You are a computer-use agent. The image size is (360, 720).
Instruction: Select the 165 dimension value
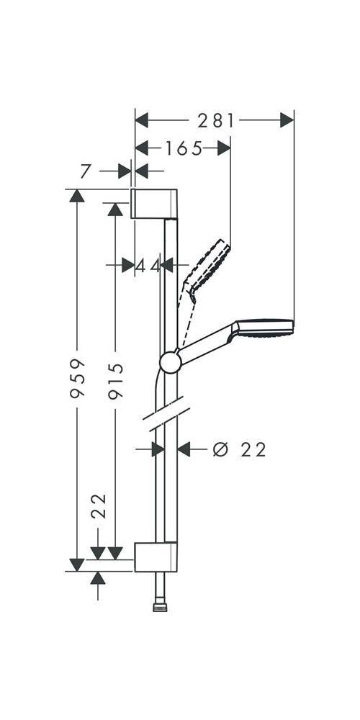click(184, 148)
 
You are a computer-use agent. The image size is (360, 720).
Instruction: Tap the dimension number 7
click(86, 171)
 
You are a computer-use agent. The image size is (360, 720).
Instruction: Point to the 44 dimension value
click(148, 266)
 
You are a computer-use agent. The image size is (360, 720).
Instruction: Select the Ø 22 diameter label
click(240, 450)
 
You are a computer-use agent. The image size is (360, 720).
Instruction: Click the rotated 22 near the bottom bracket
click(99, 506)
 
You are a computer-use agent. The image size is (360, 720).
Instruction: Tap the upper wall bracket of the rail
click(154, 204)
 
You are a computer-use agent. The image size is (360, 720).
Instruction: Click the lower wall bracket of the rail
click(156, 556)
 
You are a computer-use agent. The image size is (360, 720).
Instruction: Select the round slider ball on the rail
click(171, 361)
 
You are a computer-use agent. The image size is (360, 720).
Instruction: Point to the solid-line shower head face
click(265, 328)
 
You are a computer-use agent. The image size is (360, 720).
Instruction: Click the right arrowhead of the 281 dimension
click(287, 120)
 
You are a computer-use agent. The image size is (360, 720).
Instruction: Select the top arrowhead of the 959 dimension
click(78, 196)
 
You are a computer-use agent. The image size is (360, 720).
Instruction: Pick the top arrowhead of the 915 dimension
click(114, 209)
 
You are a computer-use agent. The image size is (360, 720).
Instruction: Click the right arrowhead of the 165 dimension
click(224, 148)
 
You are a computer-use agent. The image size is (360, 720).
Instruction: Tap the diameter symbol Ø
click(221, 450)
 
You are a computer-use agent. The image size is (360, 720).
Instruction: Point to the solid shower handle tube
click(206, 344)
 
